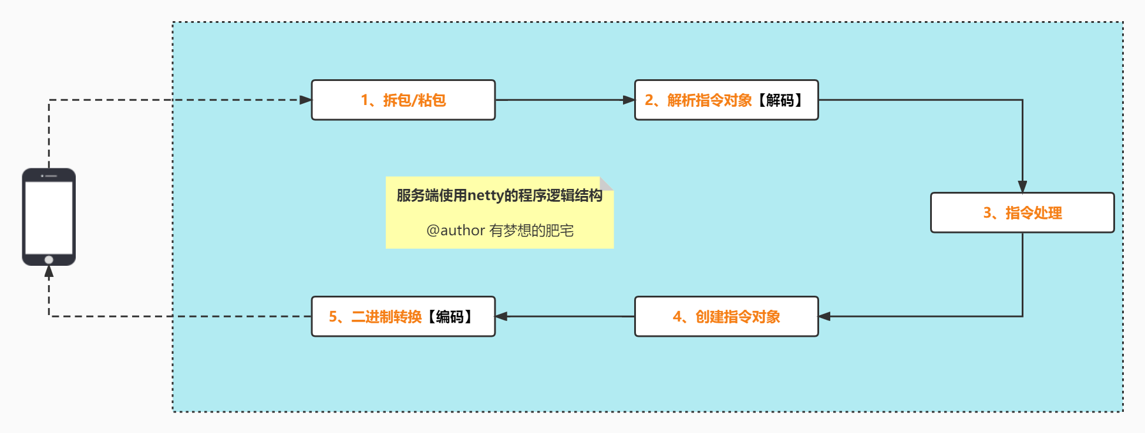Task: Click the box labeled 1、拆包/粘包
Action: coord(403,100)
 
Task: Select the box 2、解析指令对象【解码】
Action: coord(726,100)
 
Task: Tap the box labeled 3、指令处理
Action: coord(1022,213)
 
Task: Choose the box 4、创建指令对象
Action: coord(726,317)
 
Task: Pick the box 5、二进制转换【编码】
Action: coord(403,317)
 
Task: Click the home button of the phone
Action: coord(49,259)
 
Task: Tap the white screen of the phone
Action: coord(49,217)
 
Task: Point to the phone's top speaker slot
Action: coord(50,175)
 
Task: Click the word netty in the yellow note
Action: coord(486,195)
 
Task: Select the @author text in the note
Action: coord(456,231)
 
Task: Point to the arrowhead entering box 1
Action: coord(305,100)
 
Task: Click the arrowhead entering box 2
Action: coord(628,100)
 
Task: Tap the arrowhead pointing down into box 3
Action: coord(1022,187)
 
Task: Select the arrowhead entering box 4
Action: coord(825,316)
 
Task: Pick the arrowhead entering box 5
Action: coord(501,316)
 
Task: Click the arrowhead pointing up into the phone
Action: coord(49,271)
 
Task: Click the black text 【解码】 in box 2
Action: coord(780,100)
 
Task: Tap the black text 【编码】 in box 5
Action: coord(450,317)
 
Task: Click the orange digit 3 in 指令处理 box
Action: coord(987,213)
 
